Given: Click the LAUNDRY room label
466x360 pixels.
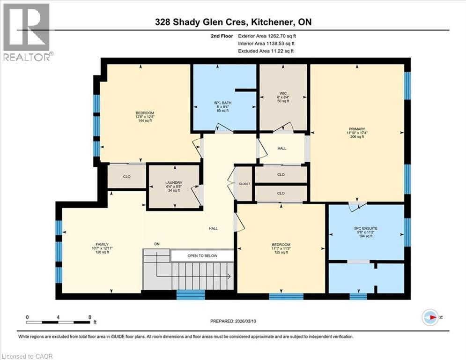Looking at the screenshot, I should point(173,183).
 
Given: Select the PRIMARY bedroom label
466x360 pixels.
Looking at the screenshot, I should point(357,129).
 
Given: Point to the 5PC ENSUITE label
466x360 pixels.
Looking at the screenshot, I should point(366,228).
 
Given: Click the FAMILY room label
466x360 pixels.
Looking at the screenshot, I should point(102,244).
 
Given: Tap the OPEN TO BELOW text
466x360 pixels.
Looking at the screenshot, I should point(202,256).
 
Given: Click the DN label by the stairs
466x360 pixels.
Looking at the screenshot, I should point(157,244).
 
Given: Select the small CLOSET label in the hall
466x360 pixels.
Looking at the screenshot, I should point(245,184).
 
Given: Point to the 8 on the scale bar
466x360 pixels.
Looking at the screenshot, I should point(89,317).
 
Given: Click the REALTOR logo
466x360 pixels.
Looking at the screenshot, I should point(26,32).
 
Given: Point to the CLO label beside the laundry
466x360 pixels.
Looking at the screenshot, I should point(126,177).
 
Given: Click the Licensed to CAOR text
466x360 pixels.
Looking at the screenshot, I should point(27,356).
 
